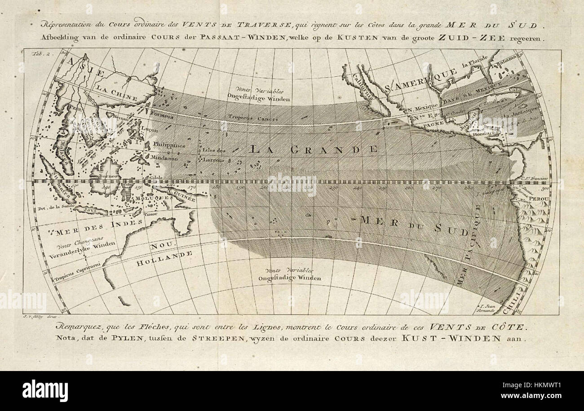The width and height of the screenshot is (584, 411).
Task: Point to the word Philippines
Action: pyautogui.click(x=169, y=145)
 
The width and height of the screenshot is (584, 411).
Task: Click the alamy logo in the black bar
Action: pyautogui.click(x=45, y=390)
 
